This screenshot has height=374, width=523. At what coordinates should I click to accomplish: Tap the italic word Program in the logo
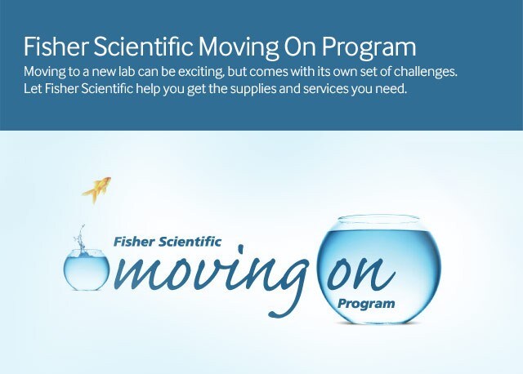365,304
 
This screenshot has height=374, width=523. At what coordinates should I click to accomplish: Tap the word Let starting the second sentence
33,87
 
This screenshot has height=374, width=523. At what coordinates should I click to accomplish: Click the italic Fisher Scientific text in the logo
168,242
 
